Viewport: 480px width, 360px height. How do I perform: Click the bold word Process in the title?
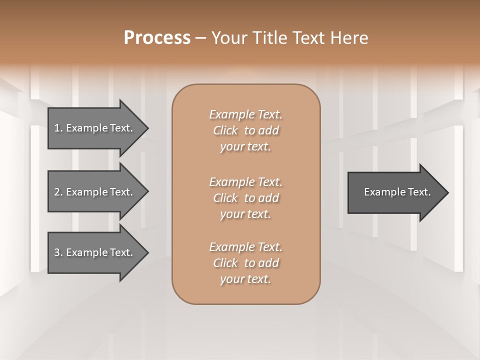[x=157, y=38]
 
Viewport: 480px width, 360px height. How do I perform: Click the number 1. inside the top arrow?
[x=58, y=128]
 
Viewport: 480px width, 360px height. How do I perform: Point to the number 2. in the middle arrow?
[x=58, y=192]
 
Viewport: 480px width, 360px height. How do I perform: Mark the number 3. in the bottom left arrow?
[x=58, y=252]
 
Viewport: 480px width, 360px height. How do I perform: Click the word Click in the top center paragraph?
[x=225, y=130]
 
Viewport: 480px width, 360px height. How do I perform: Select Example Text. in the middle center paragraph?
[x=245, y=181]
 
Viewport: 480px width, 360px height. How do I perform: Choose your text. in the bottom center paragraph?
[x=245, y=279]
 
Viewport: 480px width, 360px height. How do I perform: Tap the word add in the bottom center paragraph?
[x=269, y=263]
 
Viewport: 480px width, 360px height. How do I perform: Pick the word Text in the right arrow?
[x=419, y=192]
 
